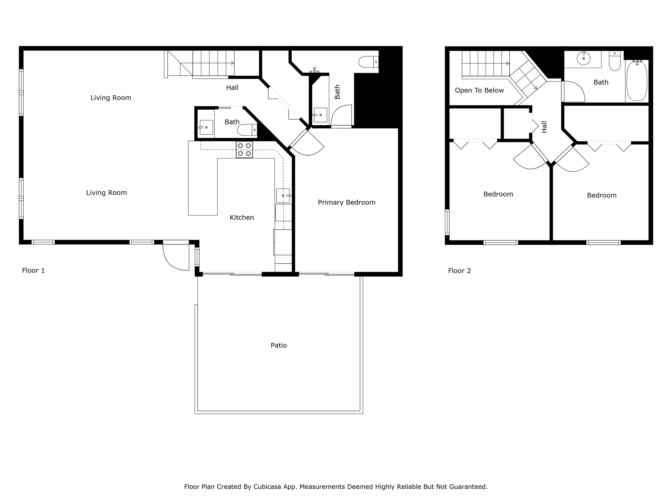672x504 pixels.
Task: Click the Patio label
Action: (x=279, y=345)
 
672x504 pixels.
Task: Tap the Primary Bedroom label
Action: (x=346, y=202)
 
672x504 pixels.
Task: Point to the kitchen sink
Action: (x=283, y=196)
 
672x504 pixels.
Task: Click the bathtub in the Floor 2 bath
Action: (x=637, y=81)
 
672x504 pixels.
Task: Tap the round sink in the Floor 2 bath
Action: (x=583, y=58)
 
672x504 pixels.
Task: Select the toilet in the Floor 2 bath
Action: (x=615, y=62)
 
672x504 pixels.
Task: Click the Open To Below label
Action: (x=479, y=90)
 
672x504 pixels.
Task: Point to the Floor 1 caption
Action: (x=33, y=270)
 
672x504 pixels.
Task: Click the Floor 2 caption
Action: (x=459, y=271)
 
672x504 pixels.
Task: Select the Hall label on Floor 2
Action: (x=544, y=127)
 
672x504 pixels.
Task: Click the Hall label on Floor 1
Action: (x=232, y=88)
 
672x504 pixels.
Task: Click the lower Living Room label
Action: (x=106, y=193)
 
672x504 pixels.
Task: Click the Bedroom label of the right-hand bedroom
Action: (x=601, y=195)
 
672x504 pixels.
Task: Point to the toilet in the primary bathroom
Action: (x=368, y=62)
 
